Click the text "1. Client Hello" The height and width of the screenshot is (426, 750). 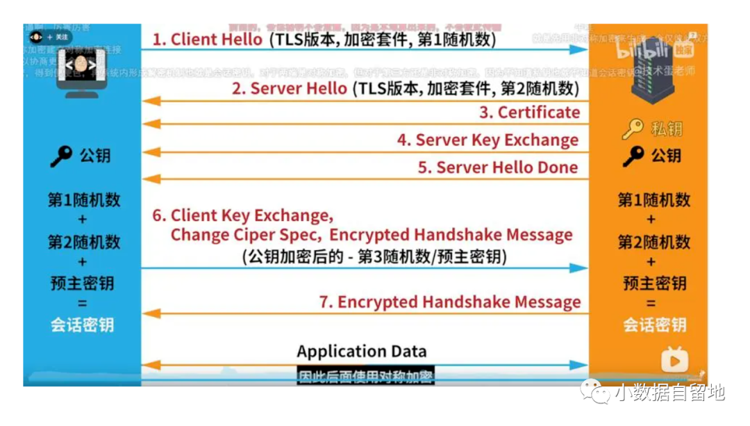[207, 40]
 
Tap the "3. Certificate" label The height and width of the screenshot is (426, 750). [529, 113]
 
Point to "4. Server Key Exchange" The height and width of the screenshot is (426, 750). [487, 140]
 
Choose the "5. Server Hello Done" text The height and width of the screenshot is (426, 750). [498, 167]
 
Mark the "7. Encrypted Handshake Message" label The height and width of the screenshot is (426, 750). [449, 302]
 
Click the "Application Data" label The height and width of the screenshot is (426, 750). [362, 351]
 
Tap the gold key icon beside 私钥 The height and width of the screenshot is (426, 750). [633, 129]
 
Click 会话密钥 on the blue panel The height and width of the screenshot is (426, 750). [82, 325]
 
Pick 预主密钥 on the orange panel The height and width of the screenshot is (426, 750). [654, 283]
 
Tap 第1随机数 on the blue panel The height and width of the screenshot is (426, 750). [84, 200]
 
